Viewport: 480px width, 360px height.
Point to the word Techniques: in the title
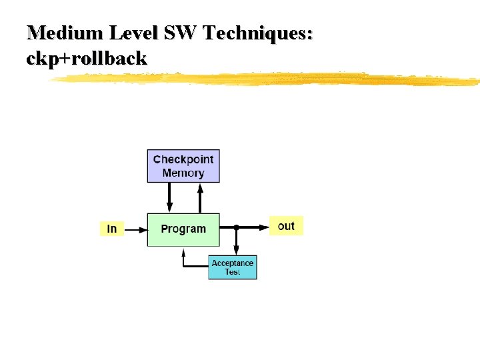258,33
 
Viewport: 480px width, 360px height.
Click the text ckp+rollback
87,59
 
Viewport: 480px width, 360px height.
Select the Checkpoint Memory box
183,166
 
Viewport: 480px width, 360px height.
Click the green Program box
183,229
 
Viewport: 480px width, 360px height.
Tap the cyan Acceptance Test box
233,267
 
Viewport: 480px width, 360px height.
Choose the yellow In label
111,229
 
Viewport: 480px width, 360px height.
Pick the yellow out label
286,226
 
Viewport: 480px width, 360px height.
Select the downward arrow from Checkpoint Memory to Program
169,197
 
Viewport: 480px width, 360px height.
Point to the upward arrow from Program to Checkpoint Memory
199,197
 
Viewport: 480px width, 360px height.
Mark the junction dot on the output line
236,227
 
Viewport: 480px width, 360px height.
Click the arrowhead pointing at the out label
263,227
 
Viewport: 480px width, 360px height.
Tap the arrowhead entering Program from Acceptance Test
183,251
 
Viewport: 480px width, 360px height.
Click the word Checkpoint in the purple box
183,159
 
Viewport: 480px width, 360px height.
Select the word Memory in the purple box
183,173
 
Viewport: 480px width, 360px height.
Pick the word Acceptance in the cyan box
233,263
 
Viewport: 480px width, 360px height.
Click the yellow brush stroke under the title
267,79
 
